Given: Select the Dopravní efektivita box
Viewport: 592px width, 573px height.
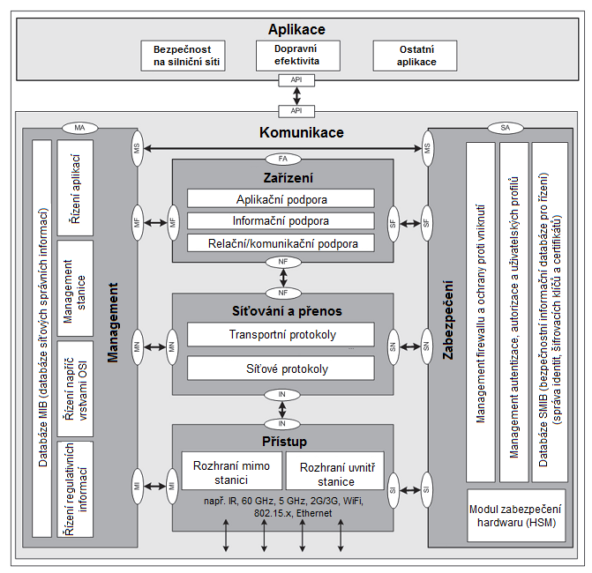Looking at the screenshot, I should [x=296, y=55].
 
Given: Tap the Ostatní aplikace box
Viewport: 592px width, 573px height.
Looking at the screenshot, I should [x=415, y=56].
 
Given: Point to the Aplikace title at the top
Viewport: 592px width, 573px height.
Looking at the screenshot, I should [x=296, y=30].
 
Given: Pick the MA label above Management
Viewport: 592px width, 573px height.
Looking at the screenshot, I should [x=79, y=128].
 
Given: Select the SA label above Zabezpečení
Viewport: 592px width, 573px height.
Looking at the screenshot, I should [x=505, y=128].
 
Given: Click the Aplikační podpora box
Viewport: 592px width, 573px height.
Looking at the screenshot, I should [x=281, y=198].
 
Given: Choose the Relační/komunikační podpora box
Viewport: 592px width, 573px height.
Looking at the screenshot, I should [x=281, y=242].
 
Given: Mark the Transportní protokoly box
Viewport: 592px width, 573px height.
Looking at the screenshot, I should [x=281, y=335].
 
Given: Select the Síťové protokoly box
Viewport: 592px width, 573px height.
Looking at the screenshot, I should [x=281, y=368].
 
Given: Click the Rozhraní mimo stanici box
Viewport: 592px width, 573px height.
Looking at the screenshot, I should [x=231, y=471].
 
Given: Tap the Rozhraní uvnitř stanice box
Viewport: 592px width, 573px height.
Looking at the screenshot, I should [x=326, y=474].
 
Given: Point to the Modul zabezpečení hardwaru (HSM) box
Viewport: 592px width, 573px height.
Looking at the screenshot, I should [x=516, y=516].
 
